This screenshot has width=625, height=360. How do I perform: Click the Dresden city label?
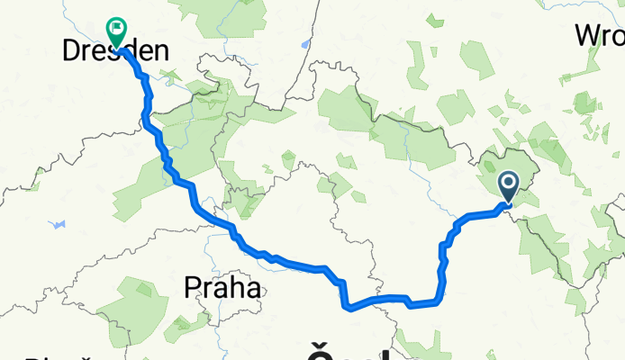coord(115,53)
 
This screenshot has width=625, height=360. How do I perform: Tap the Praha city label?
coord(222,288)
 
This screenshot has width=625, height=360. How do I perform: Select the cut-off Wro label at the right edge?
coord(601,36)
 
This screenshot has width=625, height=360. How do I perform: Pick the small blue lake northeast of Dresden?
coord(307,42)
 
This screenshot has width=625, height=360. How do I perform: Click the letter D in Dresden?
coord(72,53)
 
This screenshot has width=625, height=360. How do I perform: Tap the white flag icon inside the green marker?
coord(117,28)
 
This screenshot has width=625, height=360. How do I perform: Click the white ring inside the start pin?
coord(509,184)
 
